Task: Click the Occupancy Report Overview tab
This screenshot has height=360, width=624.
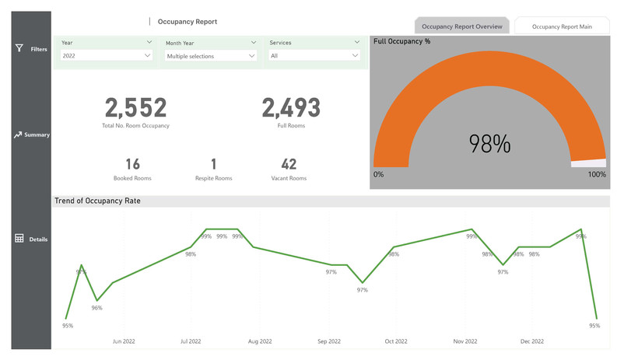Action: [461, 26]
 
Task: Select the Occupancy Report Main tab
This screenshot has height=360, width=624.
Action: [562, 26]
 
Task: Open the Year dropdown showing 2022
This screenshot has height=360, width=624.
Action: [107, 56]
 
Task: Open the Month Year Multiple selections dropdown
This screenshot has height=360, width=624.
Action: [210, 56]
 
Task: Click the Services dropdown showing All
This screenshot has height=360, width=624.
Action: [314, 56]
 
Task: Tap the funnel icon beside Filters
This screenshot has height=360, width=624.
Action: [19, 48]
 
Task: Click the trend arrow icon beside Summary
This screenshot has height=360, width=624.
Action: [19, 135]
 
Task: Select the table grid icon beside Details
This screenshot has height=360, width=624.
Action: [19, 239]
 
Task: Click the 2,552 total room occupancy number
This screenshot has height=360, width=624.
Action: [135, 108]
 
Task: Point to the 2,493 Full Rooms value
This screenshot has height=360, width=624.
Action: [290, 108]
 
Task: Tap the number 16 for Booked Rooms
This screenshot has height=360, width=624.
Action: [132, 164]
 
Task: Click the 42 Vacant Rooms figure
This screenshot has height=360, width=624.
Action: [289, 164]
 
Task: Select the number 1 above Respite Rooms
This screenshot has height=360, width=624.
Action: [213, 164]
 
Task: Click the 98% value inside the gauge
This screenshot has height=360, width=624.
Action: [489, 144]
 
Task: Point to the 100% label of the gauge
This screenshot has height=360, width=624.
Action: [596, 175]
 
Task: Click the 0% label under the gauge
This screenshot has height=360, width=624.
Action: [379, 175]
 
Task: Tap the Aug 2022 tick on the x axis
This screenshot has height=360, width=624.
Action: [260, 341]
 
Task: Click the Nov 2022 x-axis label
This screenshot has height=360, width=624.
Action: [464, 341]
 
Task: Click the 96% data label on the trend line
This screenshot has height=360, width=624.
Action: [96, 308]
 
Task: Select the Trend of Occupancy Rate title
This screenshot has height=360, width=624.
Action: [97, 201]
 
